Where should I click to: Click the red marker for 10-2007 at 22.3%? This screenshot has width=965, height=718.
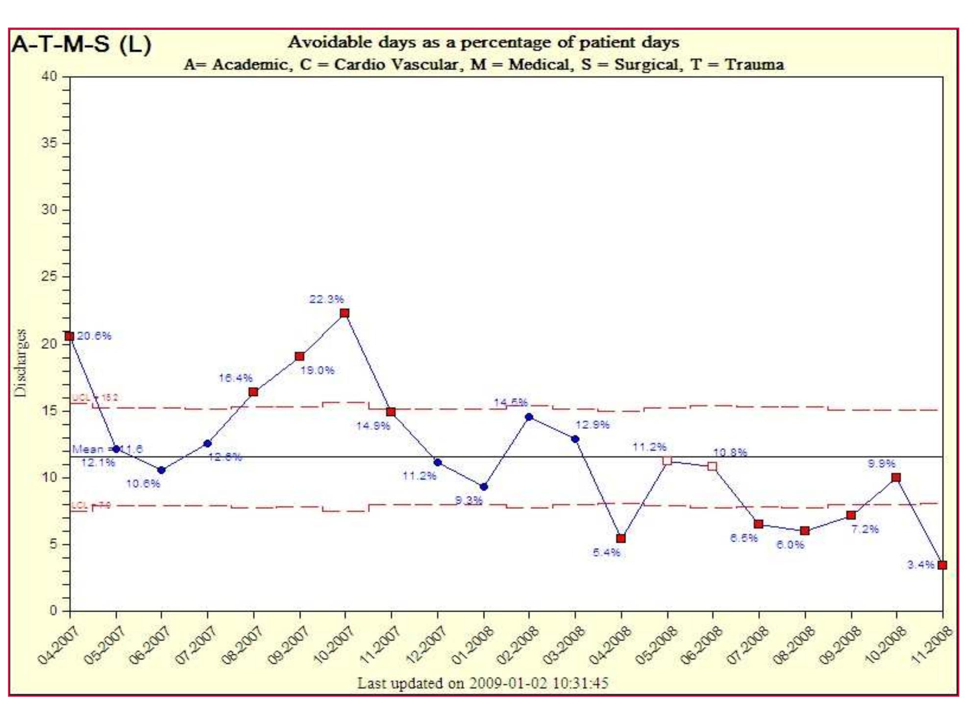coord(345,313)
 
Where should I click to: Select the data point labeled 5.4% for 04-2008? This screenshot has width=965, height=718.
coord(621,538)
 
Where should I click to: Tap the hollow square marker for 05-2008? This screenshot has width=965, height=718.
coord(667,461)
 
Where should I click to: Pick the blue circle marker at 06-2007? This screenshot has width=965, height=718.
coord(161,470)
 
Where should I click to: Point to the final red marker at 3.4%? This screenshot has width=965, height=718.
coord(942,565)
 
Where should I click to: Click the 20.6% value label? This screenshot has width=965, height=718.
coord(94,336)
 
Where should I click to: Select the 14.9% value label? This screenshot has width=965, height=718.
coord(373,426)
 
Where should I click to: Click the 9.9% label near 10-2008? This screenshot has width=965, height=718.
coord(881,463)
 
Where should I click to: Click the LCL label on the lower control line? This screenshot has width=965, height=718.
coord(91,505)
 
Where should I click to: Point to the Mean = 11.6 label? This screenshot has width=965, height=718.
coord(107,449)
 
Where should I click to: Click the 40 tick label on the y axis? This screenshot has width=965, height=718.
coord(51,76)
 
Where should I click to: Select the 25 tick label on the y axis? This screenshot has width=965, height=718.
coord(51,277)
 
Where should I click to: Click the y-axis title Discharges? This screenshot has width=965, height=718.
coord(21,363)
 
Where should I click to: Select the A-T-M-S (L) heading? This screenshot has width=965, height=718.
coord(81,45)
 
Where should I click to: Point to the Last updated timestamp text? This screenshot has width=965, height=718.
coord(482,683)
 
